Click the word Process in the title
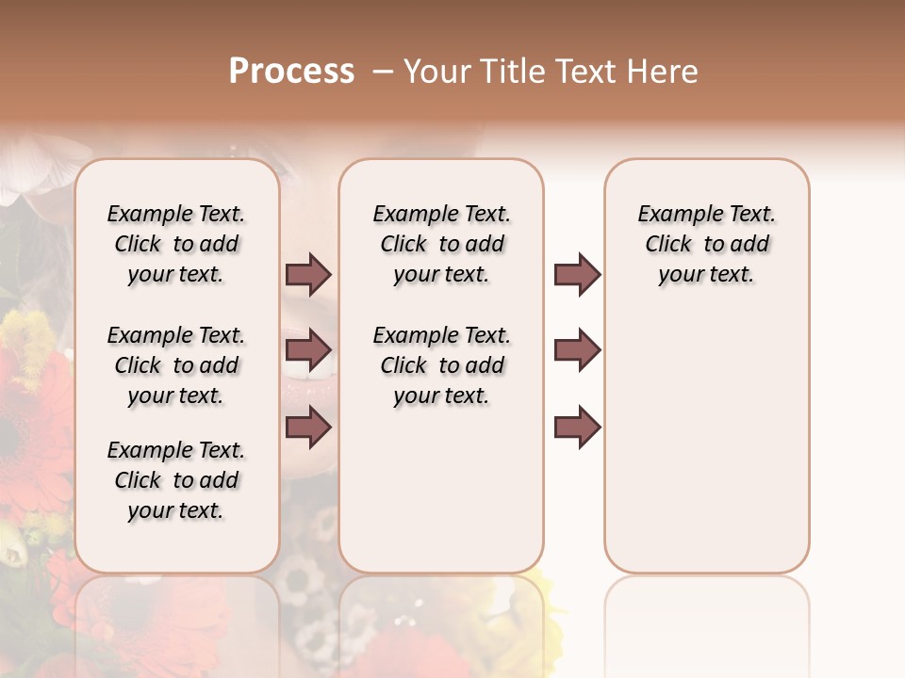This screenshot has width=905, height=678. coord(291,72)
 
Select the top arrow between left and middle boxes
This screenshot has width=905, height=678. coord(308,274)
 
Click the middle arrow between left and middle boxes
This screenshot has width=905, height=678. coord(308,350)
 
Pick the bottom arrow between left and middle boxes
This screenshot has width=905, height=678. coord(308,427)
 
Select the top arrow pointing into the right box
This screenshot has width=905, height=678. coord(577,274)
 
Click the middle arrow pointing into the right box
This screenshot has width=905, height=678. coord(577,350)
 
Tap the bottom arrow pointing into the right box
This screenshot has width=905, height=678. coord(577,427)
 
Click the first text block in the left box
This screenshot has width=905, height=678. coord(176,244)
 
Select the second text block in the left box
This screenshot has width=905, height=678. coord(176,365)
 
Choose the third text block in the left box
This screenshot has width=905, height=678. coord(176,480)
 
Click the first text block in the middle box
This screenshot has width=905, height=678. coord(441,244)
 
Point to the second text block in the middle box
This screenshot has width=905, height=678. coord(441,365)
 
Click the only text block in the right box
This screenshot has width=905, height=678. coord(706,244)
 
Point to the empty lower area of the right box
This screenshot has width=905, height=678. coord(706,452)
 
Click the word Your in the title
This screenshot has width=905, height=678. coord(438,72)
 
